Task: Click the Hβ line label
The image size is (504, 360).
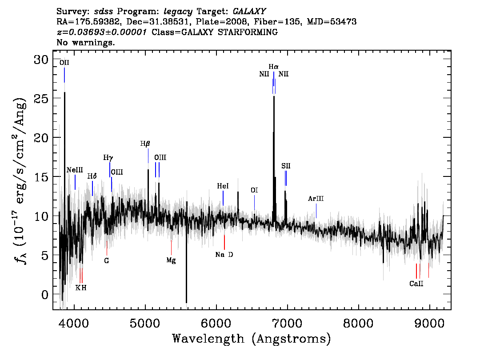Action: click(x=145, y=144)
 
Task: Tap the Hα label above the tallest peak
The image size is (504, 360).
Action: click(x=273, y=67)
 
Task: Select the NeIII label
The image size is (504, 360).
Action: click(x=75, y=170)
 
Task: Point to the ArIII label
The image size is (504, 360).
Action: click(x=316, y=199)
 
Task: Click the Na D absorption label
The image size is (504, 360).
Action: click(x=224, y=255)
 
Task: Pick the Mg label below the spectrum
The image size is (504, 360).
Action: click(x=171, y=260)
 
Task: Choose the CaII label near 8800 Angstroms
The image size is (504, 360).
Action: click(x=416, y=284)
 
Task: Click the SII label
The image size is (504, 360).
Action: click(x=286, y=166)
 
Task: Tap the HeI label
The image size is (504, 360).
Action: click(x=223, y=186)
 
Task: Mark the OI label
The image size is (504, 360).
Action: click(x=254, y=190)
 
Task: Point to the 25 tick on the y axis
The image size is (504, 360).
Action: click(x=41, y=98)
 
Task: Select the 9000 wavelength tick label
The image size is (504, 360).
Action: click(x=429, y=323)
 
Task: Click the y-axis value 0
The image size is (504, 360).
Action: click(x=45, y=295)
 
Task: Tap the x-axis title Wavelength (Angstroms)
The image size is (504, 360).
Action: click(x=252, y=339)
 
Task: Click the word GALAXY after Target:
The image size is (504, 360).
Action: click(x=249, y=12)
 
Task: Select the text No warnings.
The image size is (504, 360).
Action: click(x=85, y=42)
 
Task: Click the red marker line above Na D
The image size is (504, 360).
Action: click(x=224, y=242)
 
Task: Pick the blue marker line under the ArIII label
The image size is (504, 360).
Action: click(x=316, y=211)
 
